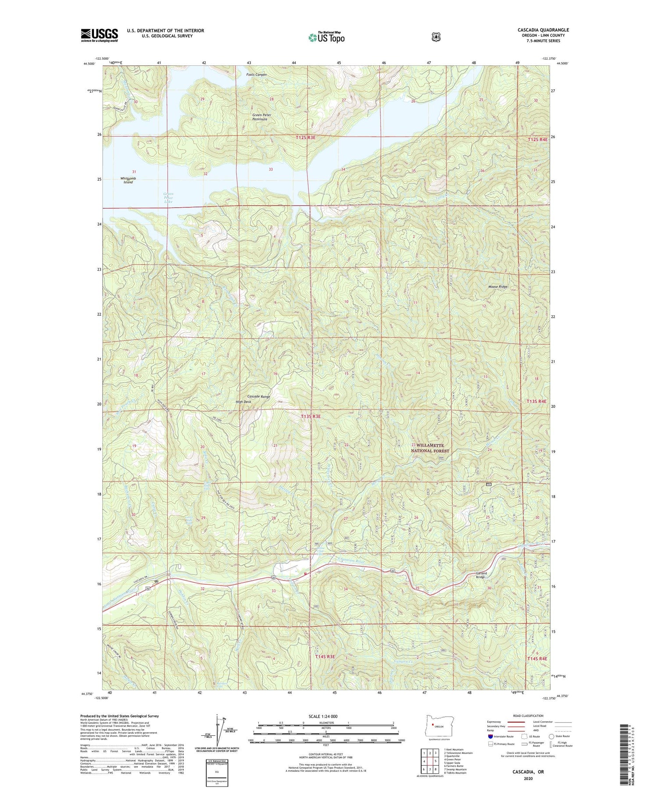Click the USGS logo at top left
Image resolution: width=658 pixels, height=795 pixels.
[99, 35]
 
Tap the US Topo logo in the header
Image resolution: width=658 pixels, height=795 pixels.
[326, 37]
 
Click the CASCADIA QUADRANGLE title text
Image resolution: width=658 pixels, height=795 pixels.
[543, 30]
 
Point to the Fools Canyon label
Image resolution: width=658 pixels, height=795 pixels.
[256, 75]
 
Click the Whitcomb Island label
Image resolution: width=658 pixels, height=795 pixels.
[128, 180]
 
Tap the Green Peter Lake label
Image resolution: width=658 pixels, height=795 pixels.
[168, 198]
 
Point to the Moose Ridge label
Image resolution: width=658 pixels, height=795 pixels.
[498, 287]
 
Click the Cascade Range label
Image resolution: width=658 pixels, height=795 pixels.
[259, 396]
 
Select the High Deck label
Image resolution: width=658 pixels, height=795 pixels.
[243, 402]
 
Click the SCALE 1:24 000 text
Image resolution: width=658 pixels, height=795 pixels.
[323, 716]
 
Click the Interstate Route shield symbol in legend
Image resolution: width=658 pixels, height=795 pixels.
[490, 736]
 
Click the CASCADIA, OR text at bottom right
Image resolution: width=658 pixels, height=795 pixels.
[528, 771]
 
